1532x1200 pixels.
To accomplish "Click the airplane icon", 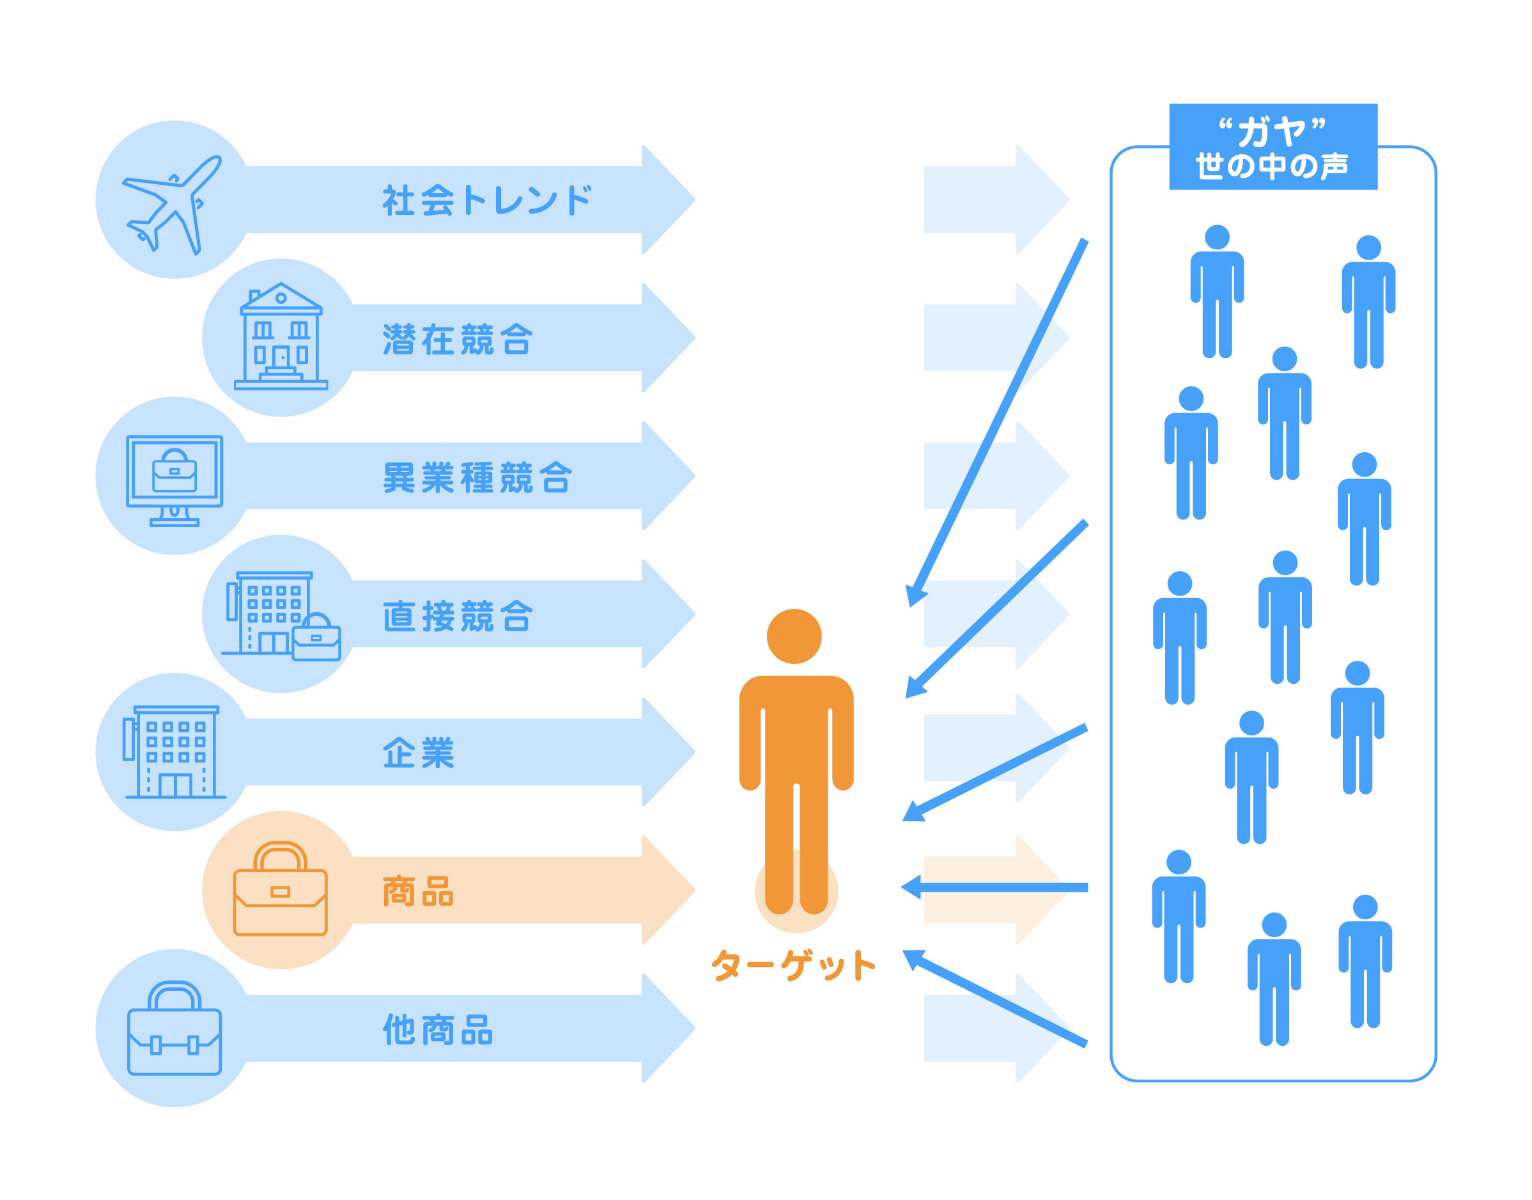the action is pyautogui.click(x=172, y=204).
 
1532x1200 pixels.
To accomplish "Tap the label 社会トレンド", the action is pyautogui.click(x=486, y=200).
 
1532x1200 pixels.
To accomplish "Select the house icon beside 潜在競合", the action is pyautogui.click(x=281, y=336).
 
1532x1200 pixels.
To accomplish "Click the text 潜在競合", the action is pyautogui.click(x=457, y=340).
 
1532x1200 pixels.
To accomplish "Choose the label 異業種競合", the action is pyautogui.click(x=477, y=478).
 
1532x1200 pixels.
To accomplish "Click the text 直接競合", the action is pyautogui.click(x=457, y=616).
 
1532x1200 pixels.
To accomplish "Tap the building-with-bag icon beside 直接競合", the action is pyautogui.click(x=281, y=616).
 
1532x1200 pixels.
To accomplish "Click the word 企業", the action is pyautogui.click(x=419, y=753).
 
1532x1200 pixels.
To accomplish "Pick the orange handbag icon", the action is pyautogui.click(x=280, y=888).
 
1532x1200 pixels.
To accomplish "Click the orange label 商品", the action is pyautogui.click(x=418, y=892).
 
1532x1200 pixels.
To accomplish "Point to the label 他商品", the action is pyautogui.click(x=437, y=1030).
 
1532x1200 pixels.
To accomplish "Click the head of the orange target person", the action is pyautogui.click(x=794, y=636).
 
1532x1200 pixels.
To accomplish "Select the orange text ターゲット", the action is pyautogui.click(x=793, y=965).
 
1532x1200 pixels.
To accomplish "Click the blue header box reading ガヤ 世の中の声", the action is pyautogui.click(x=1273, y=147).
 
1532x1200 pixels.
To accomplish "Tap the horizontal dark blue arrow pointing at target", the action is pyautogui.click(x=994, y=887).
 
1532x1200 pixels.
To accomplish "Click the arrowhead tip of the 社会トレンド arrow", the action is pyautogui.click(x=695, y=200).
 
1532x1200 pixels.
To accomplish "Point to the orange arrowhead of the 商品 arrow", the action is pyautogui.click(x=669, y=890).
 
